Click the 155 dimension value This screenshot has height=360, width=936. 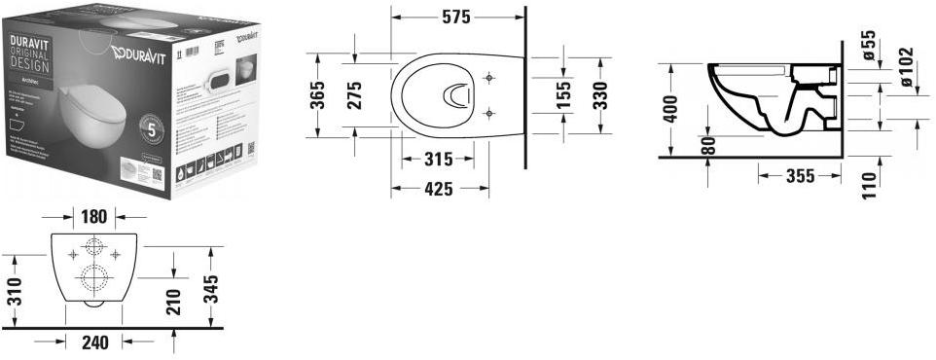click(x=564, y=96)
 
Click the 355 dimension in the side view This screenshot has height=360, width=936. click(x=786, y=176)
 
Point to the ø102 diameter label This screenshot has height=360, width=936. click(x=907, y=68)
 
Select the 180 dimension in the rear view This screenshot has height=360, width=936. click(x=94, y=216)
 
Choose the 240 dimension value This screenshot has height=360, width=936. click(x=94, y=342)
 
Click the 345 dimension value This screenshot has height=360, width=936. click(x=211, y=288)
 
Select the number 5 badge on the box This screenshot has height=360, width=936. click(x=151, y=126)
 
